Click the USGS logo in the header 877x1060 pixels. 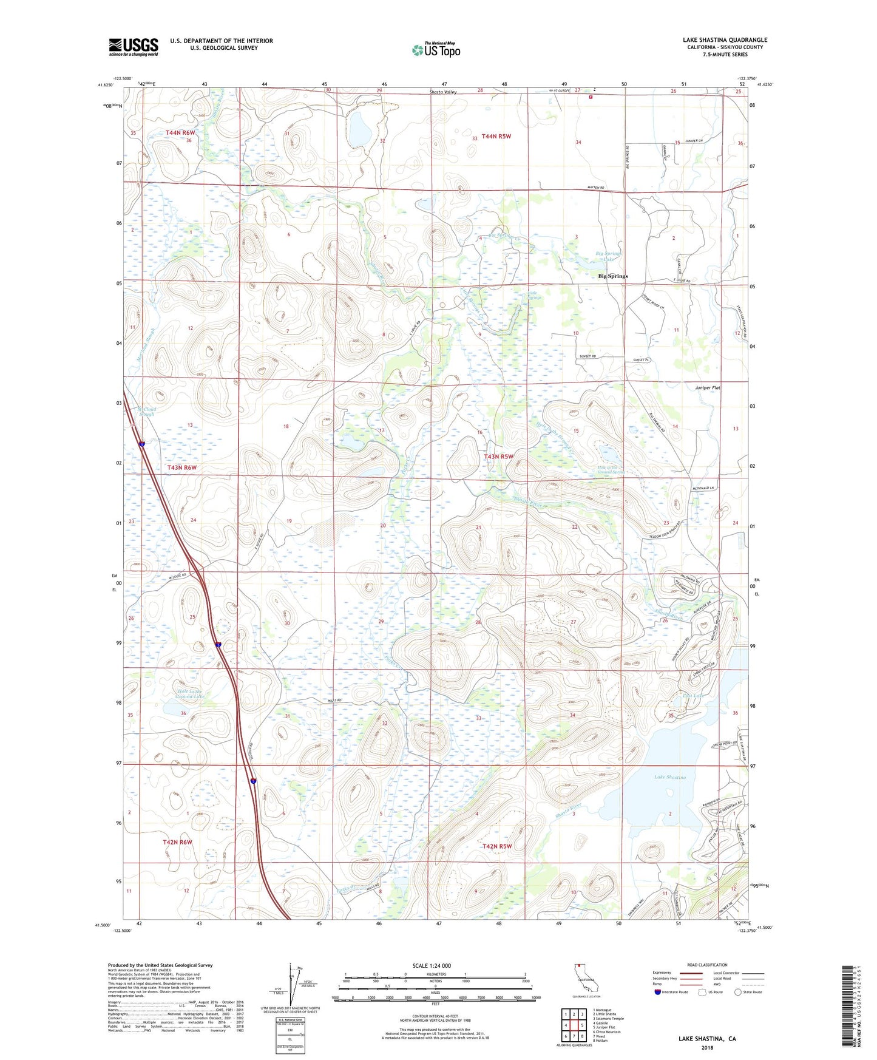tap(133, 47)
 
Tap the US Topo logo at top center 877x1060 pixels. tap(436, 50)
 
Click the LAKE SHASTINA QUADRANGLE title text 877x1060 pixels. tap(725, 40)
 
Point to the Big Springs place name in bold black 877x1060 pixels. tap(613, 276)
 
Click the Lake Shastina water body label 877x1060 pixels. tap(670, 777)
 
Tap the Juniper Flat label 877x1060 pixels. tap(708, 387)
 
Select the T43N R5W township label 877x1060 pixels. tap(498, 456)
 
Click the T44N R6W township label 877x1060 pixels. tap(180, 132)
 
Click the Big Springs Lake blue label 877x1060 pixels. tap(609, 256)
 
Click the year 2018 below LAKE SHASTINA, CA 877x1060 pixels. tap(707, 1047)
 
